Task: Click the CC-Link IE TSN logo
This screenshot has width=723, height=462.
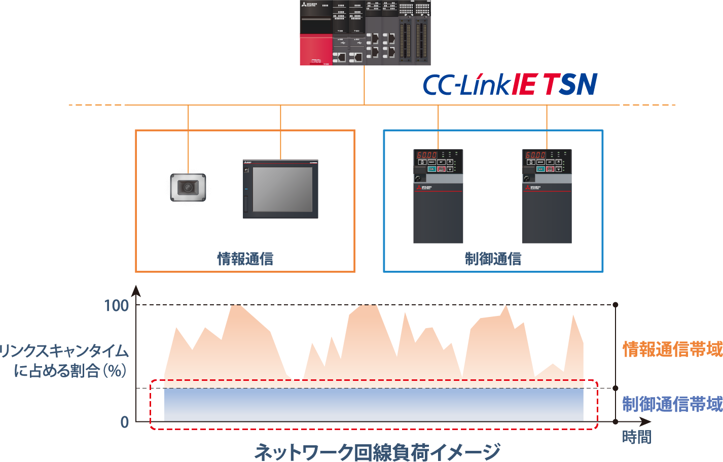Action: (510, 85)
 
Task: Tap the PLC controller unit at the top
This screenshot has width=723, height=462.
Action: (365, 32)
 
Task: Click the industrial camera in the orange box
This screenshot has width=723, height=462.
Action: (188, 189)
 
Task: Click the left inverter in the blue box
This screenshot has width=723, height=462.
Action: (438, 196)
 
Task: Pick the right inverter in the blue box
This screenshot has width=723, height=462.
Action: (547, 196)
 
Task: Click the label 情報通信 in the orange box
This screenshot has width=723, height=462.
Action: (245, 259)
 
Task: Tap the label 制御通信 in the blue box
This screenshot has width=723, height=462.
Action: (493, 259)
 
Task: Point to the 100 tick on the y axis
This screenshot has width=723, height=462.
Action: (116, 305)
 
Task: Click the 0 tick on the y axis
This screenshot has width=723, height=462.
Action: (125, 422)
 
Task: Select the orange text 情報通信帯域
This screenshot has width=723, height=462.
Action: (672, 349)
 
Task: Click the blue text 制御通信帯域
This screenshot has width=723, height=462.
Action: (672, 404)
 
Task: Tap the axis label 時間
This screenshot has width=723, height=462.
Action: (637, 437)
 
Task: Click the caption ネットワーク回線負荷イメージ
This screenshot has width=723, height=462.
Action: (377, 451)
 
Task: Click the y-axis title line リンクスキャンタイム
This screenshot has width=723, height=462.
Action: (64, 351)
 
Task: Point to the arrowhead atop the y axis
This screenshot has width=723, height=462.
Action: (136, 291)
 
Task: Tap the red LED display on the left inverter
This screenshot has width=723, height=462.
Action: (427, 155)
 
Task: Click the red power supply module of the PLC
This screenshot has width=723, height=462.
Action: (315, 49)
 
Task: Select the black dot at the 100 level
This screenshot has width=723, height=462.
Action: (616, 305)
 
